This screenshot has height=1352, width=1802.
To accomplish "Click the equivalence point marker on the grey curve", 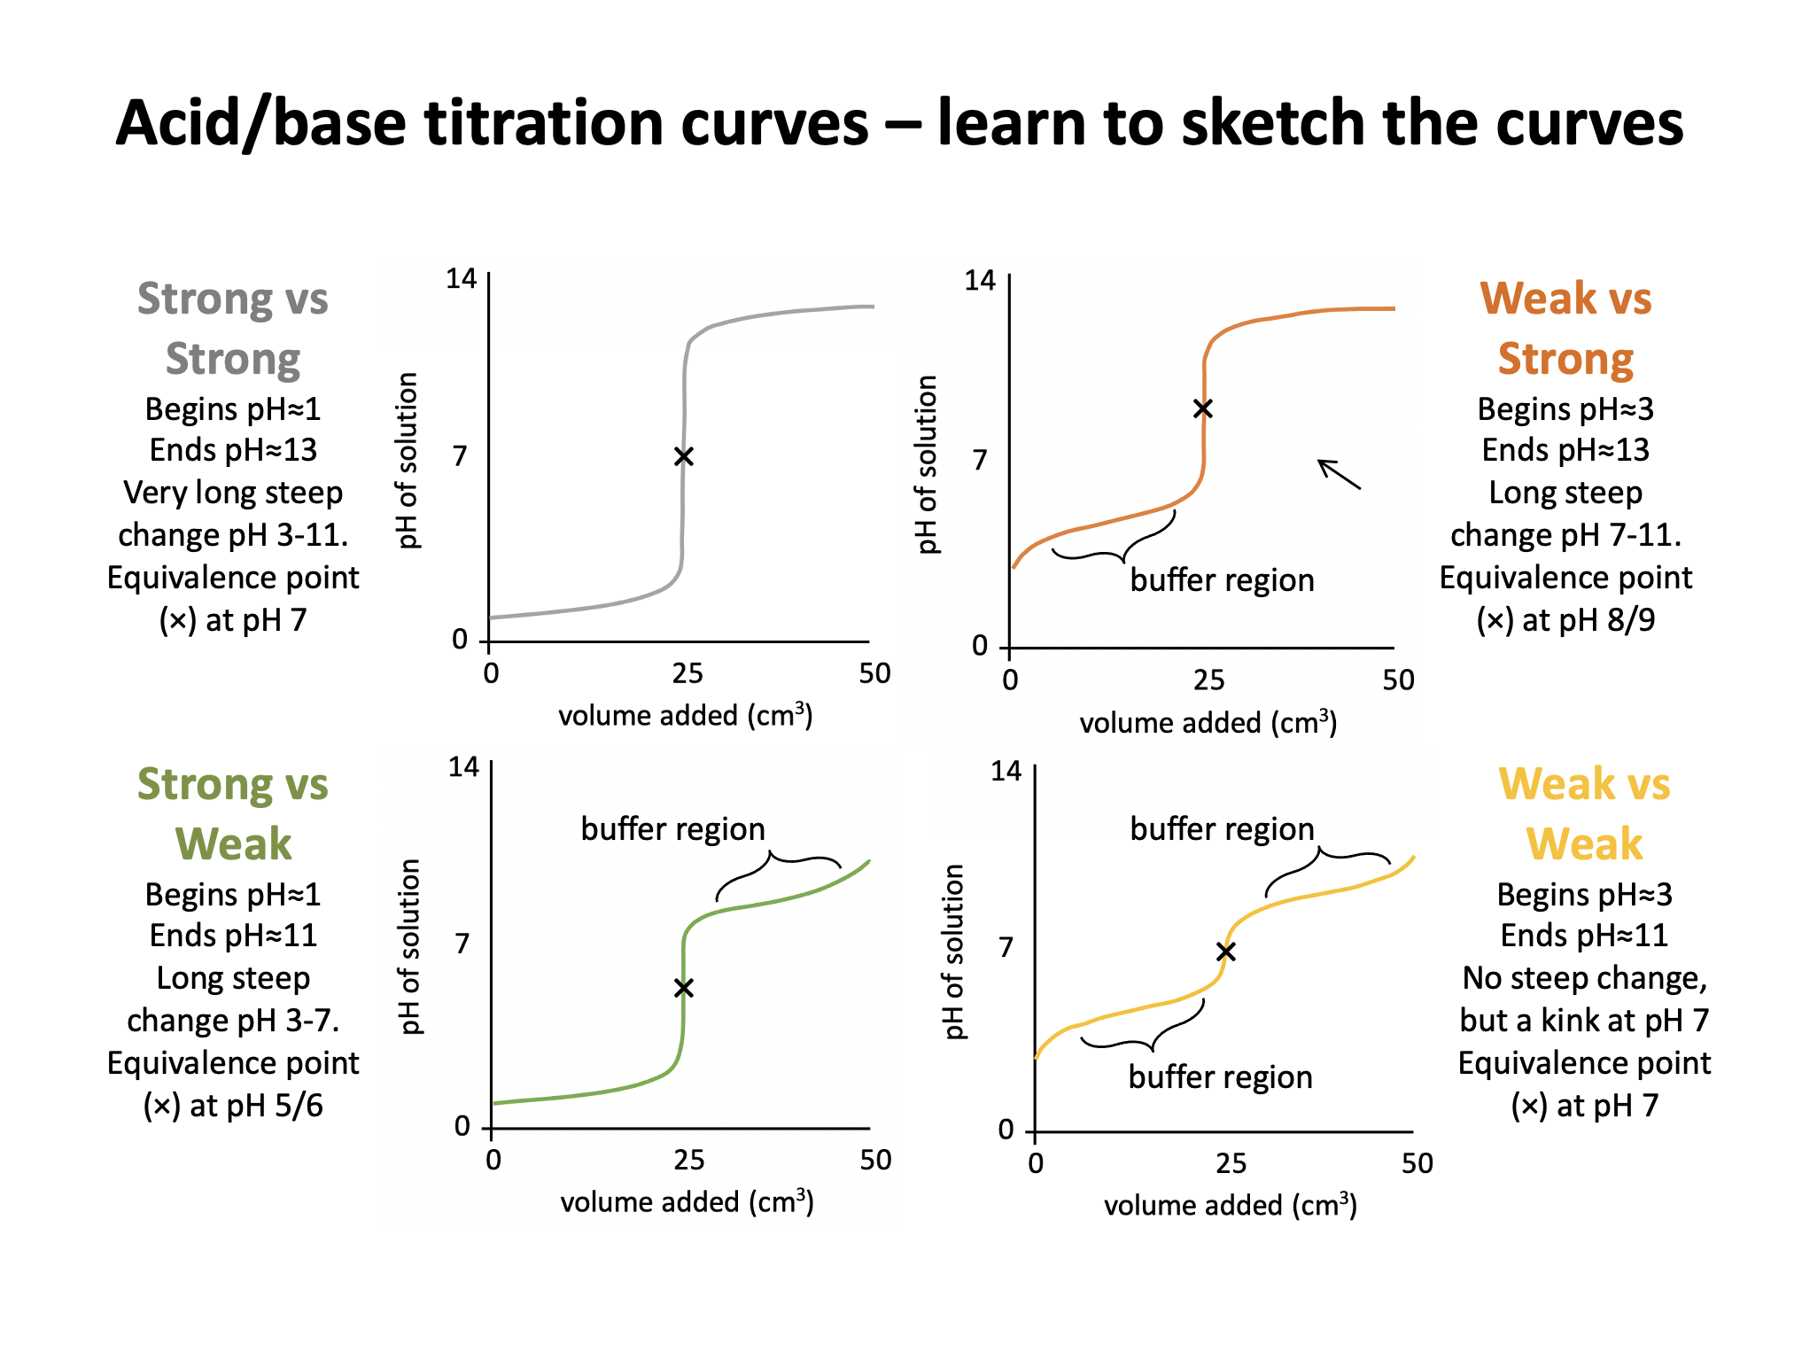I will pos(683,456).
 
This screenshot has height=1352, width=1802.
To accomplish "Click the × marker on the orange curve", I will pos(1202,408).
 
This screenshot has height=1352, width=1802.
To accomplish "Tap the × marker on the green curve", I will pos(683,988).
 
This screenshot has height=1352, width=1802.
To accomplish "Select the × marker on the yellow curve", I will pos(1226,952).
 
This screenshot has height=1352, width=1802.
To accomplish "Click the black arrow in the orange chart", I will pos(1339,474).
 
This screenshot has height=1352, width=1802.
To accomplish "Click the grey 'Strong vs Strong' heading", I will pos(233,329).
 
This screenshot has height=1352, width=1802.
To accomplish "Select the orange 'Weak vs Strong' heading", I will pos(1565,329).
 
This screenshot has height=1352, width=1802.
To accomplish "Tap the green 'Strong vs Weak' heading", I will pos(233,814).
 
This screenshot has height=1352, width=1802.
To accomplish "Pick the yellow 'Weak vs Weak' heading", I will pos(1584,814).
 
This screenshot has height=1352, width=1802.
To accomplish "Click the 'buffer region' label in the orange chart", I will pos(1222,580).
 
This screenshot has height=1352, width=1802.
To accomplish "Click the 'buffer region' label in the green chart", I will pos(672,829).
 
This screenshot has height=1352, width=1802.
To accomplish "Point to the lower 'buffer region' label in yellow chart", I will pos(1220,1077).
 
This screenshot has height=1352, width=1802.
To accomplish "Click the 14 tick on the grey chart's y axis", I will pos(461,279).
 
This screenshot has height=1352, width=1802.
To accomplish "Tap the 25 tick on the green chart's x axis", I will pos(688,1160).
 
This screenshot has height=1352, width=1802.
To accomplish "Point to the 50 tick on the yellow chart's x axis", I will pos(1417,1163).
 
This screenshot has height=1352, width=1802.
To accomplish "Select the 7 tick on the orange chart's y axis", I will pos(979,460).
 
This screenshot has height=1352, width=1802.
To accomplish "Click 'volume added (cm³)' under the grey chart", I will pos(685,715).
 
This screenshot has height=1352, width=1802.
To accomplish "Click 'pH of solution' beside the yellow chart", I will pos(953,952).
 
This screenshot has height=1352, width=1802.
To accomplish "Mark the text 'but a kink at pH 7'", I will pos(1584,1021).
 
